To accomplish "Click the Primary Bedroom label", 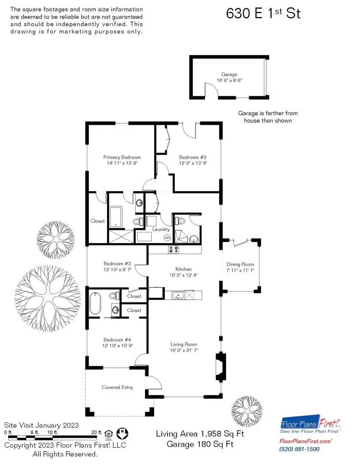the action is (x=122, y=157).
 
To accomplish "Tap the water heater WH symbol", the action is (x=167, y=238).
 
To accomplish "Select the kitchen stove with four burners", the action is (x=174, y=250).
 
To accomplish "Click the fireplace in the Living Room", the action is (x=220, y=366).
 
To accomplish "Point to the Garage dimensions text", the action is (x=229, y=80).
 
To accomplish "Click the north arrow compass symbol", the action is (x=122, y=433).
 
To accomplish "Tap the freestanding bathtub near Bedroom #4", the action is (x=95, y=303).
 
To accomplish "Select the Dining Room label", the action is (x=240, y=264).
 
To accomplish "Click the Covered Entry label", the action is (x=117, y=387).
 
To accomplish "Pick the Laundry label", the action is (x=161, y=229).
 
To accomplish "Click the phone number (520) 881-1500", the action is (x=299, y=449).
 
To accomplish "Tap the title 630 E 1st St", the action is (x=263, y=13).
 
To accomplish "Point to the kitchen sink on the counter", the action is (x=178, y=295).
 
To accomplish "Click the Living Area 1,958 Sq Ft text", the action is (x=200, y=434).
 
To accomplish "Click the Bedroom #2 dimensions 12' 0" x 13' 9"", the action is (x=193, y=163).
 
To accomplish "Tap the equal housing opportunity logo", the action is (x=109, y=434).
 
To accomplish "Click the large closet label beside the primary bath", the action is (x=98, y=221).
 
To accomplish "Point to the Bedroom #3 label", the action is (x=117, y=263).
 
